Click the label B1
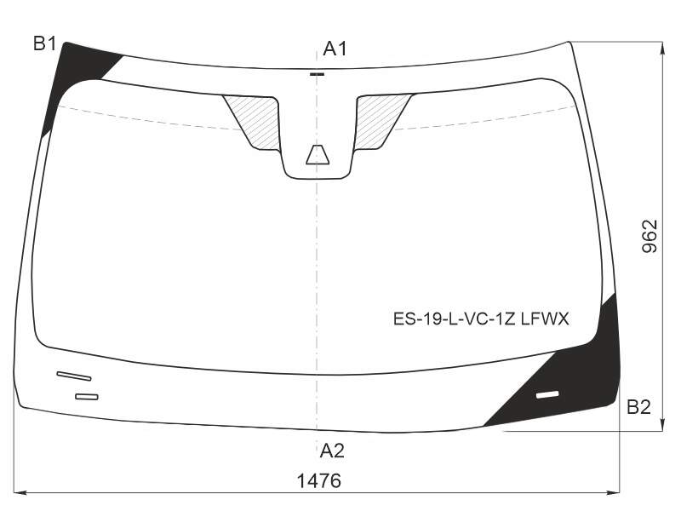point(45,43)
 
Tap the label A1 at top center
point(335,49)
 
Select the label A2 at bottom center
point(332,451)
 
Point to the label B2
point(638,407)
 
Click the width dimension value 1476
point(318,481)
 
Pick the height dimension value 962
point(650,237)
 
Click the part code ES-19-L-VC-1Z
point(454,319)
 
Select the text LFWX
point(545,319)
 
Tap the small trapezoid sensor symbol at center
point(318,155)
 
